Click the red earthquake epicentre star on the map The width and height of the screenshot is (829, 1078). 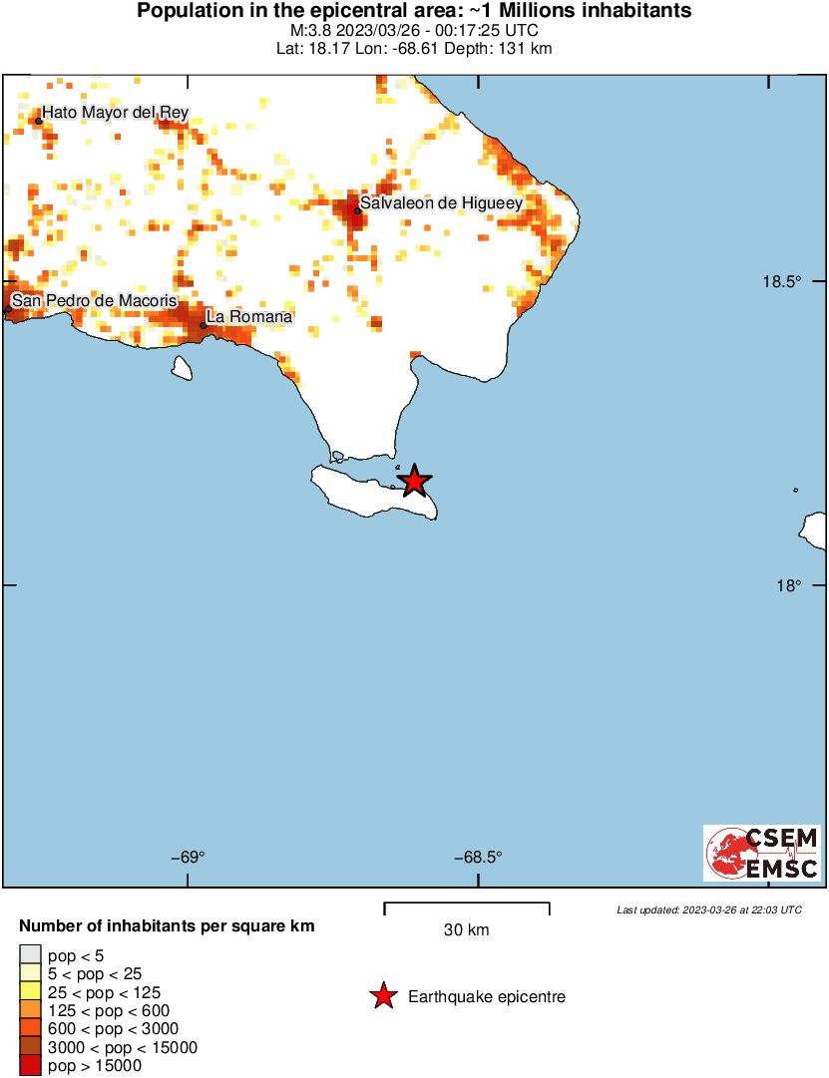tap(414, 482)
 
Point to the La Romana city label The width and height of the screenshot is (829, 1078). tap(249, 316)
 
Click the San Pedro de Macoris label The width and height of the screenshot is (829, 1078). tap(94, 300)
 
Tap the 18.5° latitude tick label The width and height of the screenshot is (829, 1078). tap(782, 281)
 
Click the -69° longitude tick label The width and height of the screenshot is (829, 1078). tap(189, 857)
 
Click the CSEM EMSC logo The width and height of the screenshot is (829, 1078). tap(763, 853)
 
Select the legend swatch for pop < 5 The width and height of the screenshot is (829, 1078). tap(30, 955)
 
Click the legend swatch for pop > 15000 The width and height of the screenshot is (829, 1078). tap(30, 1065)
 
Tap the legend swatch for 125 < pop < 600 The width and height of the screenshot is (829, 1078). tap(30, 1010)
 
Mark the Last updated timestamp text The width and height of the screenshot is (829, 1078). tap(708, 909)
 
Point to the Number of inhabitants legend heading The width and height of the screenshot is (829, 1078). tap(167, 926)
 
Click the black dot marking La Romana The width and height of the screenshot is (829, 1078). tap(204, 325)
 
